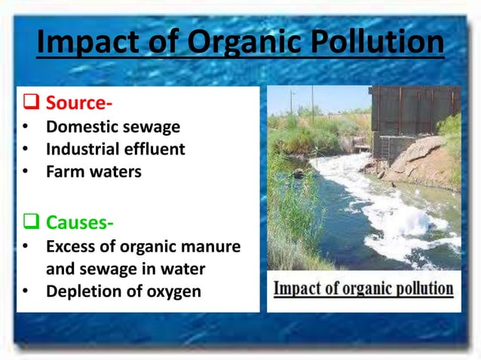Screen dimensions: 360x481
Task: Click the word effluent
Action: coord(155,149)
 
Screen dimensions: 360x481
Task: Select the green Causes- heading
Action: coord(80,223)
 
